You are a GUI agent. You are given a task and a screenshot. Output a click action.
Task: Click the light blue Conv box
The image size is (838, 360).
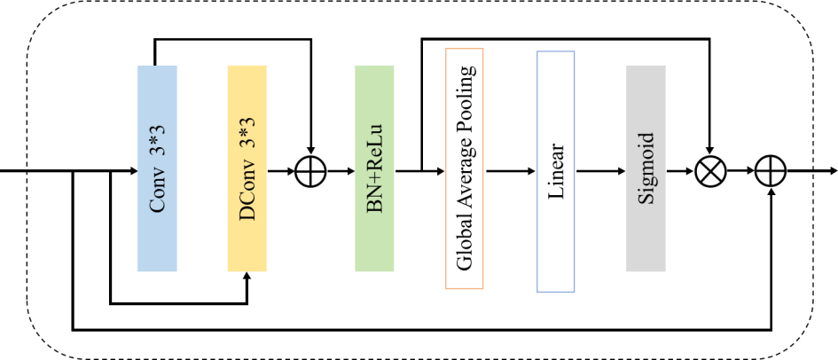click(157, 168)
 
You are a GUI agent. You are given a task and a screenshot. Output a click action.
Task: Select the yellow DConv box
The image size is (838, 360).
click(247, 168)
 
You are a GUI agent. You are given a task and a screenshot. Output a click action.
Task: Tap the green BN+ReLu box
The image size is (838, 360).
click(374, 168)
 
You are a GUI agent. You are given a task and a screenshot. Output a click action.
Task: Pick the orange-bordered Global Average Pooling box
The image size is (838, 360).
click(465, 168)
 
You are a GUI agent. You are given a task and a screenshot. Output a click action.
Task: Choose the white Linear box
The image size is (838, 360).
click(556, 170)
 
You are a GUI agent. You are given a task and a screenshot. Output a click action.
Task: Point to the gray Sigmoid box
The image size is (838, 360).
click(646, 168)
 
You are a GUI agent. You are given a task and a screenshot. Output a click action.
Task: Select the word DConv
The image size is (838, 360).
click(247, 196)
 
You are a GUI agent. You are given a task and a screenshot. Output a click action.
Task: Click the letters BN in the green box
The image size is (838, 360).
click(375, 201)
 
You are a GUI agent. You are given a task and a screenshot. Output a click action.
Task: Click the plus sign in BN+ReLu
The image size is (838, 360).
click(375, 184)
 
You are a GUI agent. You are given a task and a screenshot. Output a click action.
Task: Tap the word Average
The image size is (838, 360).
click(465, 182)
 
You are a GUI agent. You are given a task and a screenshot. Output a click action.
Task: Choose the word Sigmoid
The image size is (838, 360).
click(646, 168)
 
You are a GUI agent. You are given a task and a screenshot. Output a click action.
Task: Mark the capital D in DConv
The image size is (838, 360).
click(247, 214)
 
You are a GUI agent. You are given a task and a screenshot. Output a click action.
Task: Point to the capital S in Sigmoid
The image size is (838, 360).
click(646, 198)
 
